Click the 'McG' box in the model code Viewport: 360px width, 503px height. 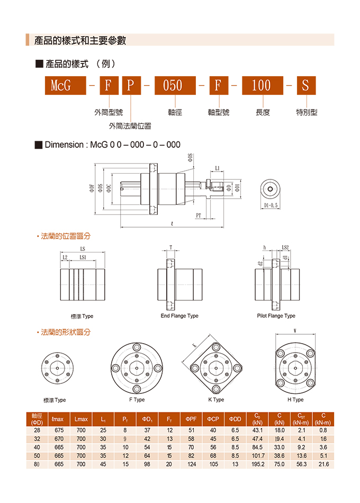[61, 85]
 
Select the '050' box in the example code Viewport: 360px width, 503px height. [173, 85]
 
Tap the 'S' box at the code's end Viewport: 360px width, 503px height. [305, 85]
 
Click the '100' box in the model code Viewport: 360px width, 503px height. [261, 85]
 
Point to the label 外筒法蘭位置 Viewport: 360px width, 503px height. [130, 126]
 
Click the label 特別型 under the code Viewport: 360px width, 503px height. [307, 112]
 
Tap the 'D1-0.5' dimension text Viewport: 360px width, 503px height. [271, 205]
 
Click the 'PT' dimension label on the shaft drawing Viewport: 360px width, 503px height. [198, 215]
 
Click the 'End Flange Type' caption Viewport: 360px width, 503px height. [179, 316]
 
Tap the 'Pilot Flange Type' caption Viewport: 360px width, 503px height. [276, 316]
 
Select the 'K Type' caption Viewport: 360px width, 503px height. [216, 400]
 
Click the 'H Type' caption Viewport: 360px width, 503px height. [295, 400]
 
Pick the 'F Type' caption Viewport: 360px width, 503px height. [137, 400]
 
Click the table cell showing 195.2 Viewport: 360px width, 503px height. [258, 464]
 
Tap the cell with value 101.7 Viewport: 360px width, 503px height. [258, 455]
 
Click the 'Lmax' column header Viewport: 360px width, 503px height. [81, 419]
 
